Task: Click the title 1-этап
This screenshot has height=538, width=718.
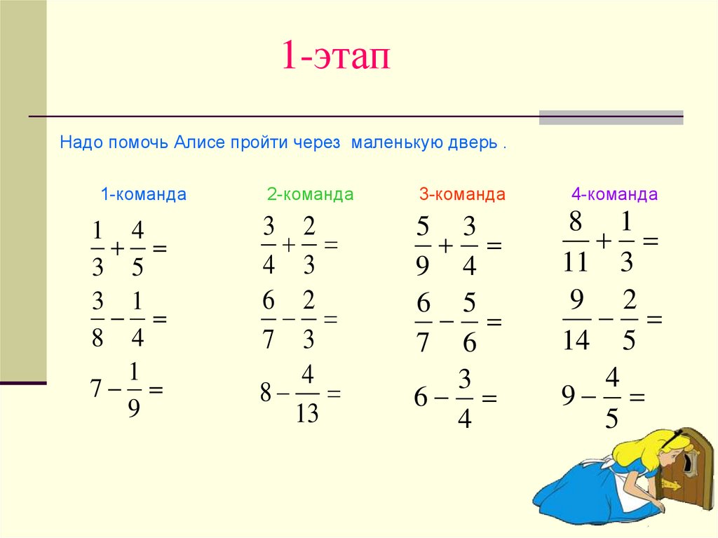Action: [x=334, y=56]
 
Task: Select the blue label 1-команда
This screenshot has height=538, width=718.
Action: [x=143, y=194]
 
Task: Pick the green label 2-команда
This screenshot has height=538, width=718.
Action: [x=310, y=194]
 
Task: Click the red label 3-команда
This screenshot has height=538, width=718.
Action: [x=462, y=194]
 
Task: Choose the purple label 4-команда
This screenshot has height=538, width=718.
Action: [x=614, y=194]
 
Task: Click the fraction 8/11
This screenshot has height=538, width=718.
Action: [x=575, y=242]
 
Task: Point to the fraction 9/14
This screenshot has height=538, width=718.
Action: [x=576, y=320]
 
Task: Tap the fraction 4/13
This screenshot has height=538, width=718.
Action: [x=306, y=394]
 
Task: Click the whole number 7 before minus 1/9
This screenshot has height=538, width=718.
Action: [x=96, y=388]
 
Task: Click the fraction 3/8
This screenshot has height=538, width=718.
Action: [x=97, y=319]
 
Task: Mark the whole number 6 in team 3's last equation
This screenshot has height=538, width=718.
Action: [x=420, y=398]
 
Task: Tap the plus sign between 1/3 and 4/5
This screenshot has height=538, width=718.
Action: [x=117, y=248]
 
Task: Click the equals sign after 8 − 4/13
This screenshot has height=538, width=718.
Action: [x=334, y=394]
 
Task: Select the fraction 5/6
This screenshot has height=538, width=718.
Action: [x=469, y=323]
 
